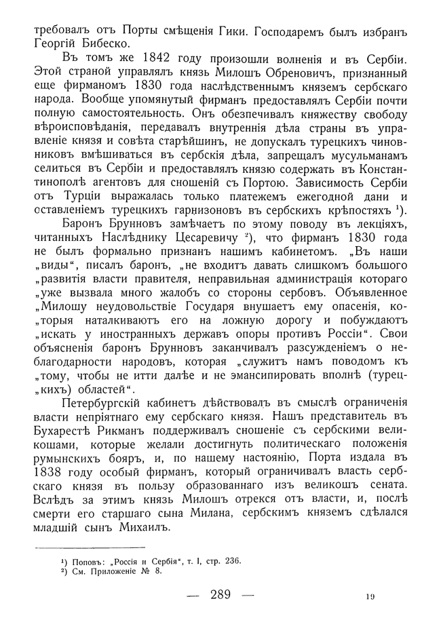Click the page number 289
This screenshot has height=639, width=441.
pos(220,596)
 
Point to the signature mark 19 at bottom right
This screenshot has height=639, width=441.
pos(368,596)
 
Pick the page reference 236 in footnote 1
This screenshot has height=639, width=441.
pos(228,560)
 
